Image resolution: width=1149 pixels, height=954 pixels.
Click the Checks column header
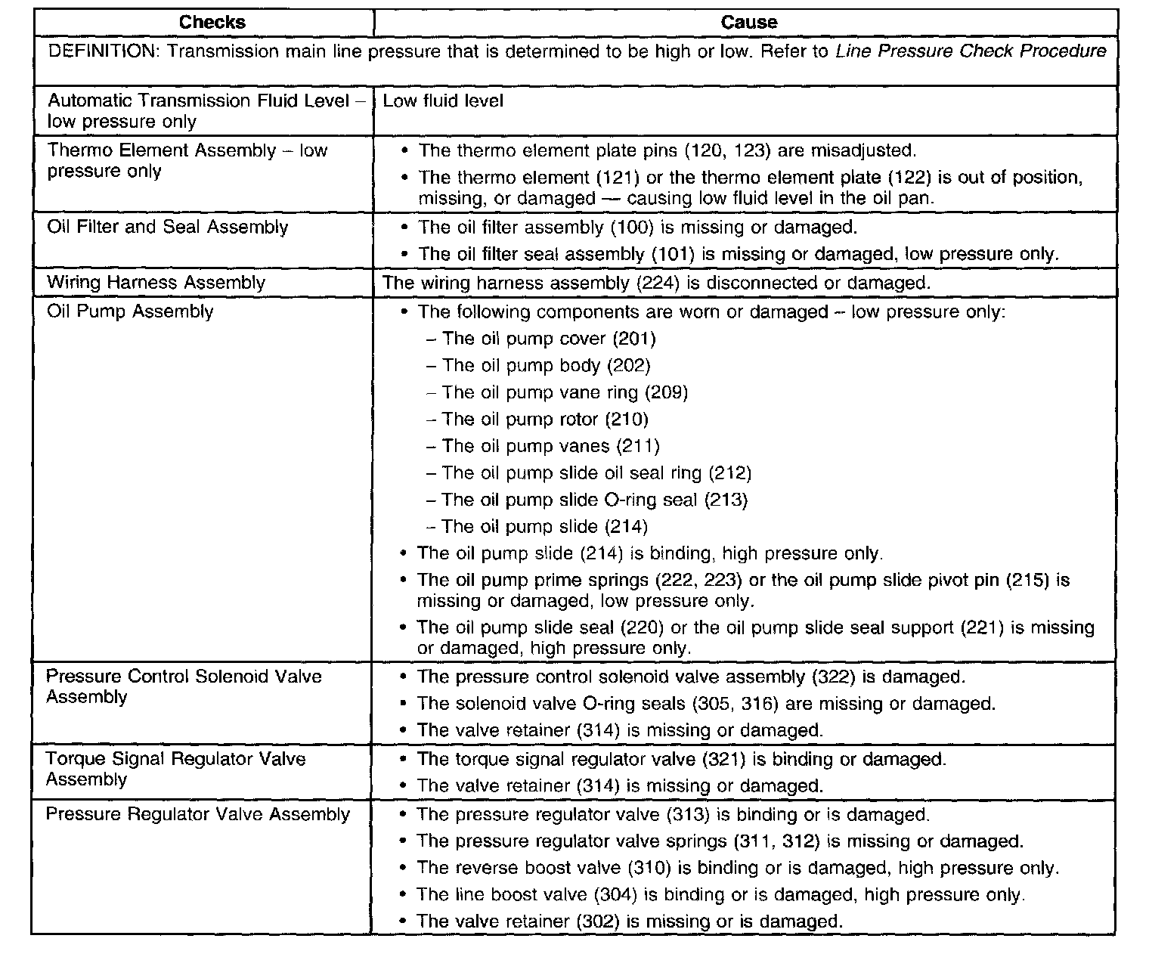click(212, 22)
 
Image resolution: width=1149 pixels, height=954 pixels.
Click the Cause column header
click(748, 22)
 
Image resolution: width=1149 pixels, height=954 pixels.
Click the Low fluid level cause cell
click(443, 101)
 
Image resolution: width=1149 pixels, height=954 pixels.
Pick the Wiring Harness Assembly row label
click(156, 283)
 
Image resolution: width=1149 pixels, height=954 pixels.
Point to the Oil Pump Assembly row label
click(130, 311)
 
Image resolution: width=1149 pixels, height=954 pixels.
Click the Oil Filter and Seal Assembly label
click(167, 228)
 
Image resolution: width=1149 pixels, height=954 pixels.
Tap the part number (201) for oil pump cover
click(633, 339)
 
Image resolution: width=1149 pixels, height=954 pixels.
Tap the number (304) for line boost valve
click(615, 895)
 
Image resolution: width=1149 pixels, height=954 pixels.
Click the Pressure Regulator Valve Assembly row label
click(198, 814)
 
